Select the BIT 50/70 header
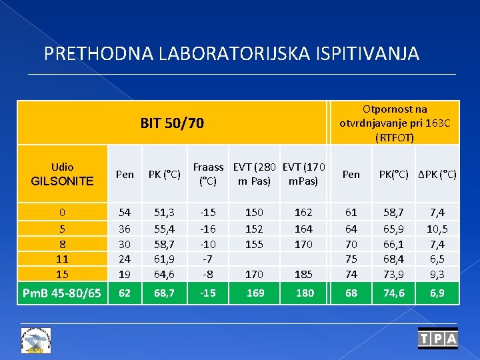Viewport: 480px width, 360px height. point(172,123)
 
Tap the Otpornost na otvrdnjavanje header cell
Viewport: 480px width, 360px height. point(395,123)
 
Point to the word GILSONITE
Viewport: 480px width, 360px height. point(62,181)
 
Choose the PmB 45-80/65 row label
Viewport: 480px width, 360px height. point(62,293)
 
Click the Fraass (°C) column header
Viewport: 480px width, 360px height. point(208,174)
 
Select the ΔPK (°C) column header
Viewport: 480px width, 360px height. point(437,175)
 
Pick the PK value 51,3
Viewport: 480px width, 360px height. point(164,213)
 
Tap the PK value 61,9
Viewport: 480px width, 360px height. point(164,259)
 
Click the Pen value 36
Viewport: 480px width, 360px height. point(125,228)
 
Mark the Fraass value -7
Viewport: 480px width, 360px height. point(208,259)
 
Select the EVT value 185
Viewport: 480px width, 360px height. point(304,274)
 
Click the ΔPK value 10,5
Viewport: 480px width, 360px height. point(437,228)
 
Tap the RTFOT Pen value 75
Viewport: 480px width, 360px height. point(351,259)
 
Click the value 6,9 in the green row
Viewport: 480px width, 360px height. point(437,293)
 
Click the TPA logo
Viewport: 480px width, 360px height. point(438,339)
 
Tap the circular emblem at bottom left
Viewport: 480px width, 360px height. point(37,340)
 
